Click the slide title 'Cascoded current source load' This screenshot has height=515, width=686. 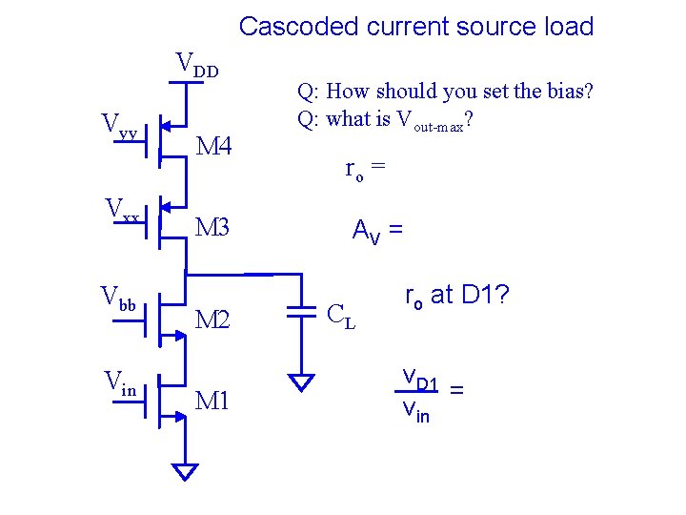[416, 27]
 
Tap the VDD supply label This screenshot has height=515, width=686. [197, 66]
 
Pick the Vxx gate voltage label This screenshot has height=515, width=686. [123, 209]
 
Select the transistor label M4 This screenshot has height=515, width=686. [213, 146]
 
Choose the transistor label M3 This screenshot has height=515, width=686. [213, 228]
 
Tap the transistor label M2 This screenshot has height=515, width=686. [213, 320]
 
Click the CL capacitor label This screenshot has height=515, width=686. [341, 314]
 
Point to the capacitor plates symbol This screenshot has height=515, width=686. [302, 311]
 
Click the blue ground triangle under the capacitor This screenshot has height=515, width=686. [302, 383]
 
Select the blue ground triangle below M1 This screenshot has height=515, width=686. [186, 471]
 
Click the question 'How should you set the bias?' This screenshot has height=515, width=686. [445, 93]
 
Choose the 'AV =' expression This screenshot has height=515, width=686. [377, 231]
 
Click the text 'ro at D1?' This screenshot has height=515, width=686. [457, 297]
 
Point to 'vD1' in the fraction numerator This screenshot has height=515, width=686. [420, 381]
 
